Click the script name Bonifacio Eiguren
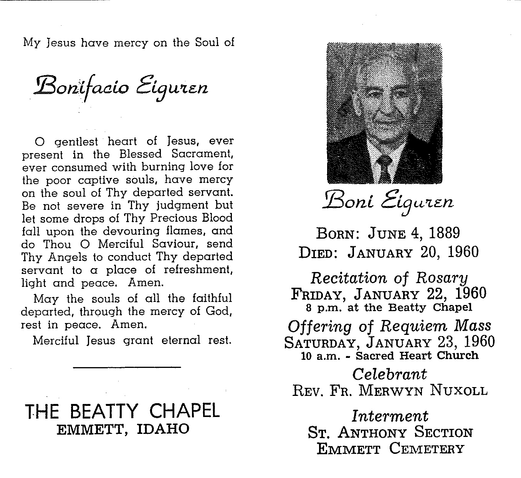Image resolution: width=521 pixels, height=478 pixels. pyautogui.click(x=121, y=86)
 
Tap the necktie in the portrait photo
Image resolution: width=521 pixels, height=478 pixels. pyautogui.click(x=384, y=169)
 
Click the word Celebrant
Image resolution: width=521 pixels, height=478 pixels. pyautogui.click(x=389, y=374)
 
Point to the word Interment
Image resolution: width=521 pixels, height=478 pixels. pyautogui.click(x=390, y=416)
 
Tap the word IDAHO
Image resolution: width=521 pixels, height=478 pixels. pyautogui.click(x=163, y=429)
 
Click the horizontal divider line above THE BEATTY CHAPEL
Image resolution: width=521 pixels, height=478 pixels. pyautogui.click(x=127, y=368)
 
